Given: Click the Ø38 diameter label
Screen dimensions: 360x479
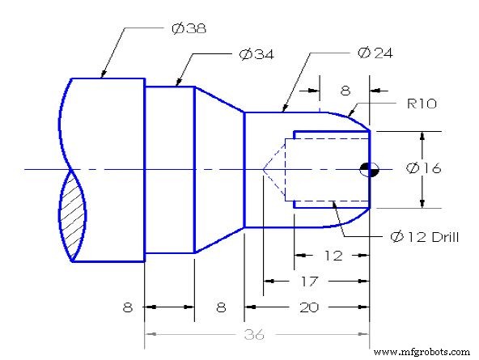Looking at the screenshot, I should point(189,28).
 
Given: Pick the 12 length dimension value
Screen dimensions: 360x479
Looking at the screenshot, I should point(332,256).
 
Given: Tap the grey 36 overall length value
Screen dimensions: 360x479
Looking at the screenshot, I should point(258,333).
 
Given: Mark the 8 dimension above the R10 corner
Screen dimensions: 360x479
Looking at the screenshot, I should point(345,91).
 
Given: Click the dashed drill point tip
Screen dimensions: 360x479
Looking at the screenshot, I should point(263,169).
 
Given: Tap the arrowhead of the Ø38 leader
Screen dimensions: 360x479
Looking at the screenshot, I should point(102,77).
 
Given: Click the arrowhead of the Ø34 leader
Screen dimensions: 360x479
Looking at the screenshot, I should point(177,85).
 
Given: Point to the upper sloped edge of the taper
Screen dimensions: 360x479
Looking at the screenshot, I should point(219,100).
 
